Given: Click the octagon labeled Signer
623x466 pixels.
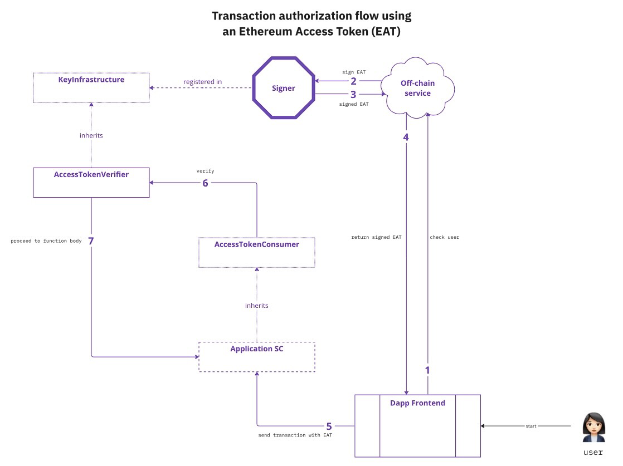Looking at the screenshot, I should [x=284, y=88].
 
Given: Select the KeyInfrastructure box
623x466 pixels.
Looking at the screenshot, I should [x=91, y=87].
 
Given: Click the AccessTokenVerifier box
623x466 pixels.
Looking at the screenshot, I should [x=91, y=182].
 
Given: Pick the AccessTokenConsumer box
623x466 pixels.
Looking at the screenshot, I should [x=257, y=252].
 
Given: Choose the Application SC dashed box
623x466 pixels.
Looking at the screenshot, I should [x=257, y=357].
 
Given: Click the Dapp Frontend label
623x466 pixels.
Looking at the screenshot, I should [x=417, y=403].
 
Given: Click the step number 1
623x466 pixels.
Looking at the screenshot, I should [x=427, y=370].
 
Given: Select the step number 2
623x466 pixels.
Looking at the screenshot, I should [x=353, y=81].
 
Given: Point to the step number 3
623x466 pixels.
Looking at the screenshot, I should [x=353, y=95].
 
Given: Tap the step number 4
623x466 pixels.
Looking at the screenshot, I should [x=406, y=137].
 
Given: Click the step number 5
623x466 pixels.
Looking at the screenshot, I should [x=329, y=426].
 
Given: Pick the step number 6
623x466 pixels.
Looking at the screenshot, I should [x=205, y=183].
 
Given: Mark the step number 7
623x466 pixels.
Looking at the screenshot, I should [x=91, y=241].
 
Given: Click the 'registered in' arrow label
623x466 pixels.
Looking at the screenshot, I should [x=202, y=82].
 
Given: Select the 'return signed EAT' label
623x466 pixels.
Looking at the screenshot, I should [x=376, y=237].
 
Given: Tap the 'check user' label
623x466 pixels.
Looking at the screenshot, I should [x=444, y=237].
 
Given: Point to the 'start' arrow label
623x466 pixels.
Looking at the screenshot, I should [x=531, y=426].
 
